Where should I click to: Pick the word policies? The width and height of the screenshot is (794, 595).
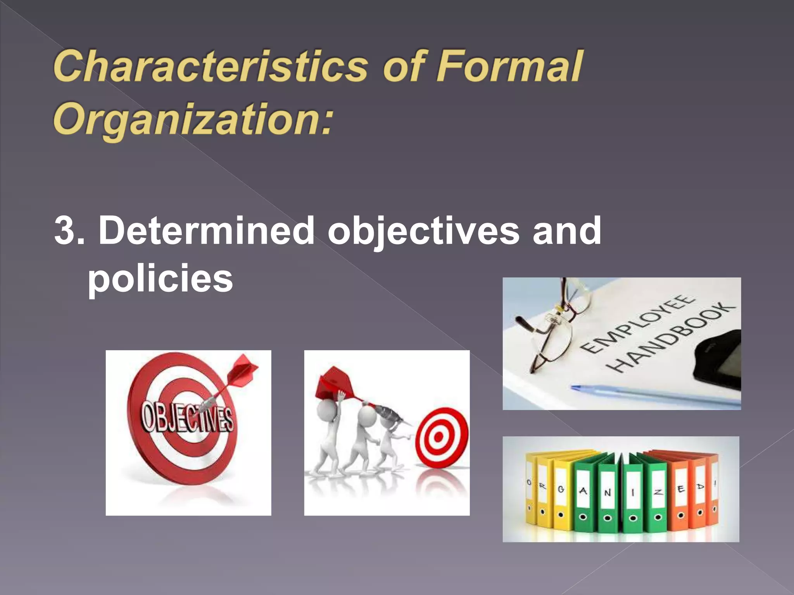point(160,278)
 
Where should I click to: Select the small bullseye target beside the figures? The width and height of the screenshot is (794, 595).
point(441,437)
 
